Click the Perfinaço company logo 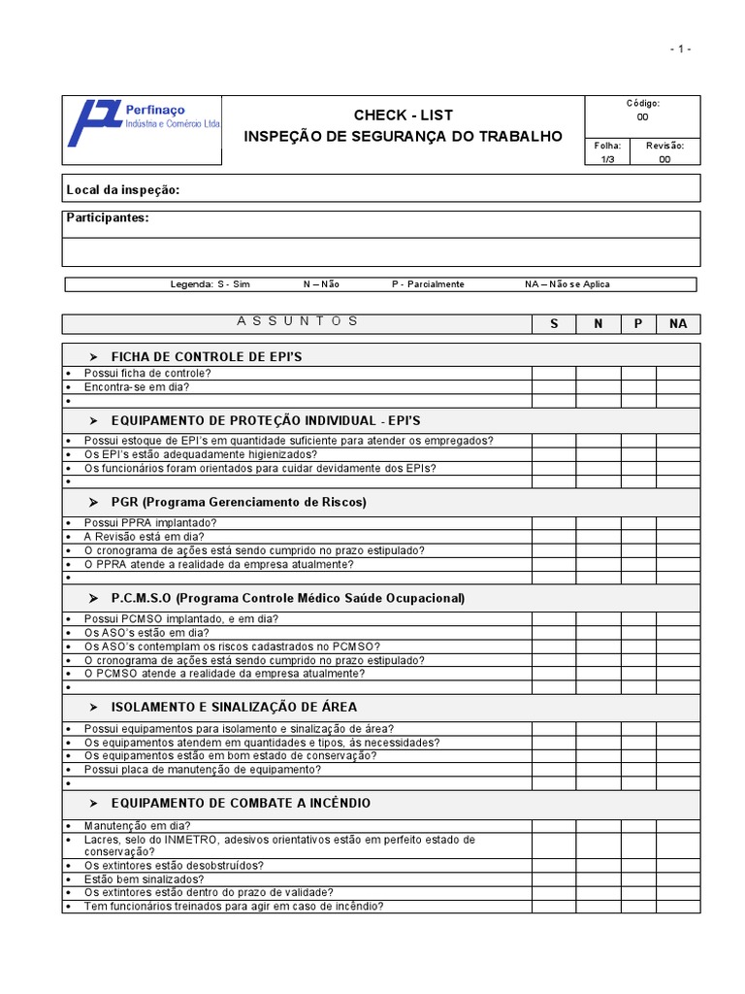tap(142, 123)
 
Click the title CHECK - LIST tap(403, 116)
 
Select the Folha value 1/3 tap(608, 159)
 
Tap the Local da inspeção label tap(122, 189)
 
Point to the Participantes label tap(108, 217)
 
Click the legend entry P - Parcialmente tap(428, 284)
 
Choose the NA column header tap(678, 323)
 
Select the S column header tap(554, 323)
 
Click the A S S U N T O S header tap(297, 321)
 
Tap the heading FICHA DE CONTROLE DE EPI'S tap(207, 356)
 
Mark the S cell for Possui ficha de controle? tap(554, 373)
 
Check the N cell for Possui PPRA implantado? tap(599, 522)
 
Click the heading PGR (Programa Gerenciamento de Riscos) tap(239, 502)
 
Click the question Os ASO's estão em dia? tap(146, 632)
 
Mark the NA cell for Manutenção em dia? tap(678, 825)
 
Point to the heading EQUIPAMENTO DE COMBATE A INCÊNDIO tap(241, 803)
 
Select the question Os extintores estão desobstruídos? tap(174, 865)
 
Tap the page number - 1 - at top tap(680, 50)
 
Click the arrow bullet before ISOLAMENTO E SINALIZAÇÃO tap(94, 707)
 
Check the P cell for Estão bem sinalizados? tap(638, 878)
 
